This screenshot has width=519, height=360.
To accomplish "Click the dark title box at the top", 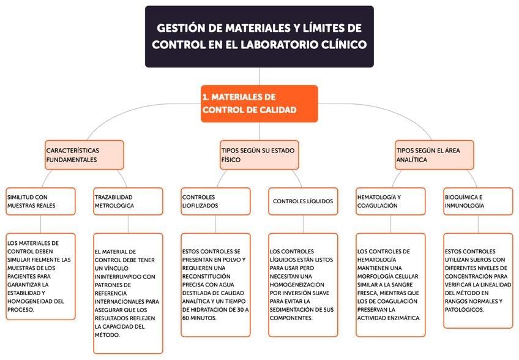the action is [259, 36].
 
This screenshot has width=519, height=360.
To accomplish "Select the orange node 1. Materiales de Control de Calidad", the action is [259, 103].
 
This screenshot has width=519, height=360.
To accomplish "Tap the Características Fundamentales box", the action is [84, 155].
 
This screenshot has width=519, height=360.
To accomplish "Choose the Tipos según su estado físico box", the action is [259, 155].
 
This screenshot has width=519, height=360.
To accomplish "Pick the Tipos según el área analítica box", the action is [434, 155].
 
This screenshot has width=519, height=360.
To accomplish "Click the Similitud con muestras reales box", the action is [40, 201].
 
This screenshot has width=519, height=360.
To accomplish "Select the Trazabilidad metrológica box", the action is [128, 201].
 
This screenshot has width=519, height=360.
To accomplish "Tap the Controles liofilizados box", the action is [215, 201].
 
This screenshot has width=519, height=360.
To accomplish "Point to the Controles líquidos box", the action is [303, 201].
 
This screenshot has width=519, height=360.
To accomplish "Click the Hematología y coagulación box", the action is [390, 201].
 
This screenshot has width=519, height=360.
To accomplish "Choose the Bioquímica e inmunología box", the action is [478, 201].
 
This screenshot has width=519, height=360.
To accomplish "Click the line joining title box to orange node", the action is [259, 76].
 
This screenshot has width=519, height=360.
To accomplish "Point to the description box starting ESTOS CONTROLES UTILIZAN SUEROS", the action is [478, 280].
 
